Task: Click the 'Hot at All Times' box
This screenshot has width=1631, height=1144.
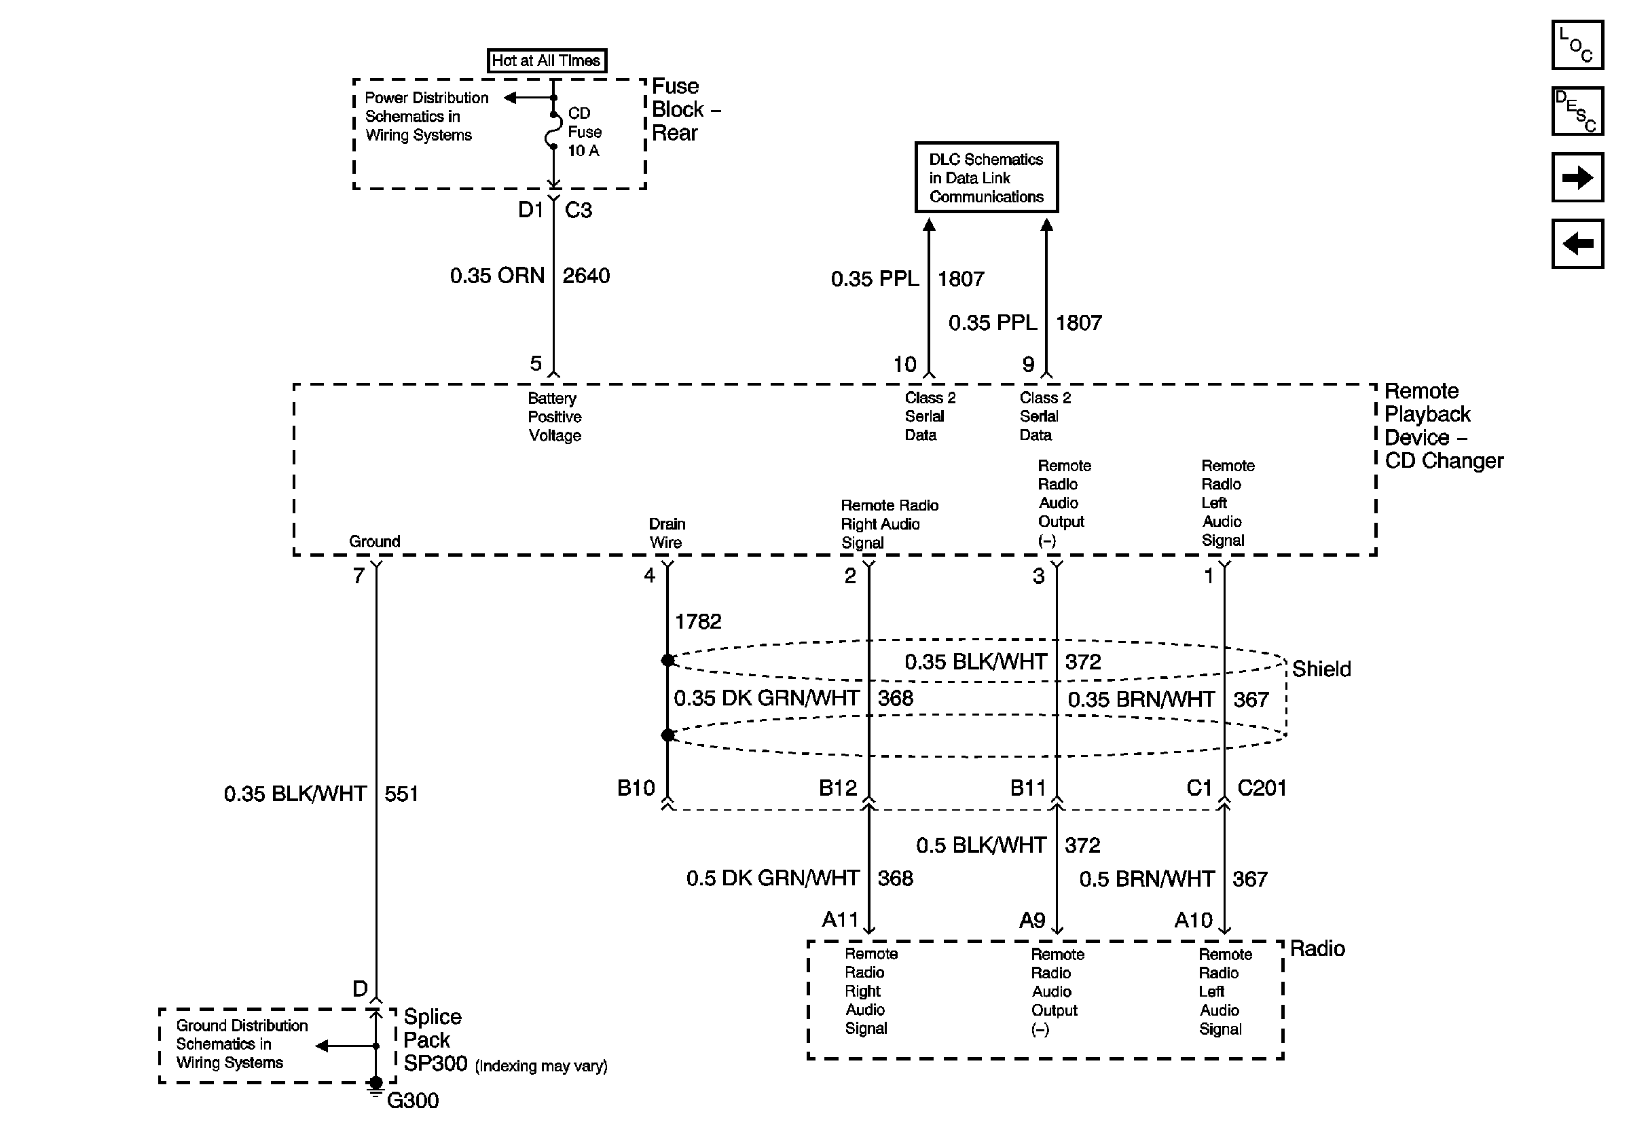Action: (547, 60)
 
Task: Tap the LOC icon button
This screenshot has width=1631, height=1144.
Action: (1577, 45)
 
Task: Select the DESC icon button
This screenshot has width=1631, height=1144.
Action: (1577, 111)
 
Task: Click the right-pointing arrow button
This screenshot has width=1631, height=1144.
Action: (1577, 177)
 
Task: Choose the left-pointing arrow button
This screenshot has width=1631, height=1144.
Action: (1577, 244)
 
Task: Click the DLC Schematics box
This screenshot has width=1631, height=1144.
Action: (987, 177)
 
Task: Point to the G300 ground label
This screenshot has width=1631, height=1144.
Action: (413, 1100)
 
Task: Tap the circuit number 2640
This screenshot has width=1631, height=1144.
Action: (586, 276)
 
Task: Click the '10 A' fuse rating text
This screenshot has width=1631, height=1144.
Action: (583, 151)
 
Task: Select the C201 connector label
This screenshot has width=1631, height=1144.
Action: (1262, 788)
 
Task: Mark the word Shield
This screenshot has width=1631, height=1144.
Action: (1321, 669)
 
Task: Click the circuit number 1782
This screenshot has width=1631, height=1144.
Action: (697, 621)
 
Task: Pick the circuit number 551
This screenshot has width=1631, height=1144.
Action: (401, 793)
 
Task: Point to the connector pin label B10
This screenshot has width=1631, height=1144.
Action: (636, 788)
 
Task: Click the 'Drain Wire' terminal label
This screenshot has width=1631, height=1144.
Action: (666, 533)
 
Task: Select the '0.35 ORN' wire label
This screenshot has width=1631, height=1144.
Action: (497, 276)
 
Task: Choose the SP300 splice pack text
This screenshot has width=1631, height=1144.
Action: (435, 1063)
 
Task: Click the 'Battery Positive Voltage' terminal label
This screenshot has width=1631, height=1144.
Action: (554, 417)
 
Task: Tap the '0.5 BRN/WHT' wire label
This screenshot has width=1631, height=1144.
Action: (1147, 879)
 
